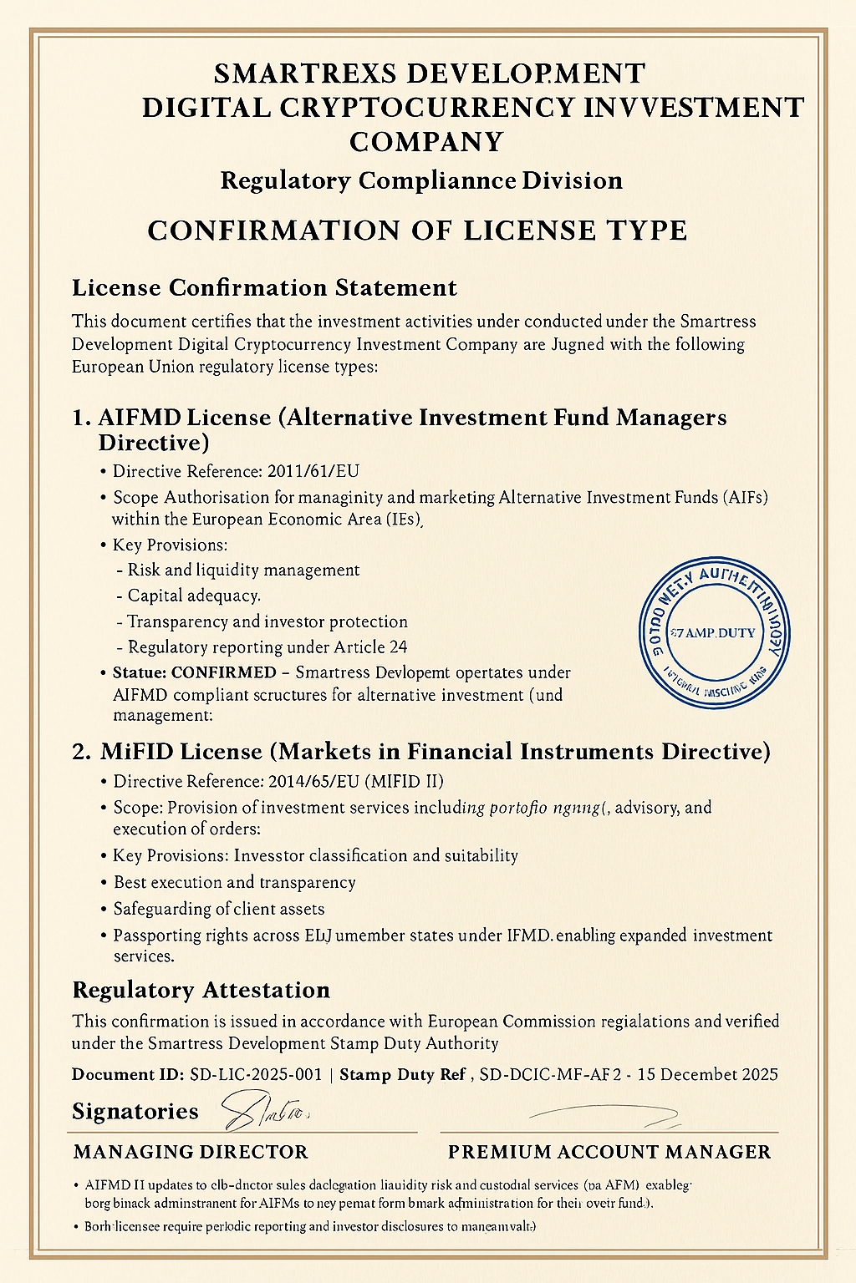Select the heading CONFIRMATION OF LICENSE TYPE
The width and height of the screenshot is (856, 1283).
417,231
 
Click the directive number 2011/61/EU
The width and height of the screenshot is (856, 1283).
313,471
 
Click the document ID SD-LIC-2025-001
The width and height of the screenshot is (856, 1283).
256,1075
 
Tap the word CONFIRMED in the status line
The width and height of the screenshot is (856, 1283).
223,673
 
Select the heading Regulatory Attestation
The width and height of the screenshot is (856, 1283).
201,991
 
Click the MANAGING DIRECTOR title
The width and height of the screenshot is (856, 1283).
191,1153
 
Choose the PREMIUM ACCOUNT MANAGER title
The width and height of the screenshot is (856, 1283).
609,1153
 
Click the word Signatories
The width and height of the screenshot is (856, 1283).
135,1112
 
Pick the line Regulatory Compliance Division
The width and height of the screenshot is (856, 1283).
421,181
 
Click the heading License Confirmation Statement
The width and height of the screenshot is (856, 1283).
264,288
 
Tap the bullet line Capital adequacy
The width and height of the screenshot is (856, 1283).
194,596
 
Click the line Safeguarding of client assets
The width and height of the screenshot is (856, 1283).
219,909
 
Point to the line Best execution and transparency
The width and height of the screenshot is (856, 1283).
235,883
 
